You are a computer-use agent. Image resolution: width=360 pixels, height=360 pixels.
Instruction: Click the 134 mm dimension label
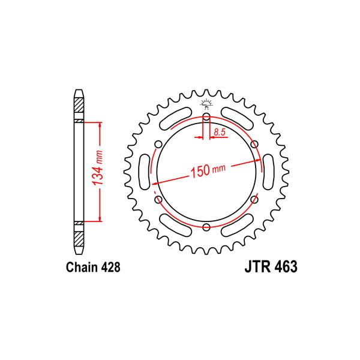[97, 168]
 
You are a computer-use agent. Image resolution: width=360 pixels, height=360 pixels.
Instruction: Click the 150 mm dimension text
[208, 170]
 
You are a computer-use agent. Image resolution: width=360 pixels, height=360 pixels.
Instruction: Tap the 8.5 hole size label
[220, 132]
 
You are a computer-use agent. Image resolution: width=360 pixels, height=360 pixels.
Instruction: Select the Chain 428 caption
[93, 267]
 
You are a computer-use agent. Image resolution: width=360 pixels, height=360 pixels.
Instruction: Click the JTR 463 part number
[271, 266]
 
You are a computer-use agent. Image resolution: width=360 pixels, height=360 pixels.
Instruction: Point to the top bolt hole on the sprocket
[206, 117]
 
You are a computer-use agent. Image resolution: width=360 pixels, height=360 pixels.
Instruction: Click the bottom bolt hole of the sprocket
[206, 227]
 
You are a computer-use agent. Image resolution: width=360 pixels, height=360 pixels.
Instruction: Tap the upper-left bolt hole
[158, 145]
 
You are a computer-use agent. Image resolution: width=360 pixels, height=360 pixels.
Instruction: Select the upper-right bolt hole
[254, 145]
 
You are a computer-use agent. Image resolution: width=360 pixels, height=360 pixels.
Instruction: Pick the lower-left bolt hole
[158, 200]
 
